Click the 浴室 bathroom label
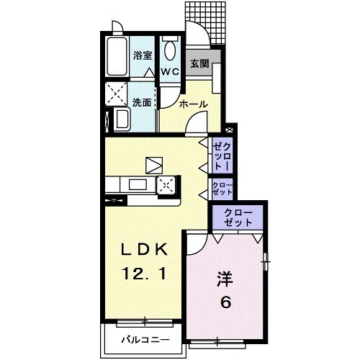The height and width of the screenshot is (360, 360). click(x=142, y=55)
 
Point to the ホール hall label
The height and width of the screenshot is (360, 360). click(x=193, y=104)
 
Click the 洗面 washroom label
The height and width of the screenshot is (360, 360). click(x=141, y=102)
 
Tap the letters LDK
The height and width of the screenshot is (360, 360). click(x=143, y=250)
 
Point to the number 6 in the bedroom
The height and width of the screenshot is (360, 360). click(x=225, y=302)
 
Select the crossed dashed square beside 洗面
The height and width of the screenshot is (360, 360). click(x=115, y=93)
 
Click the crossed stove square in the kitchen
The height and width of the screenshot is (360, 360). click(x=167, y=186)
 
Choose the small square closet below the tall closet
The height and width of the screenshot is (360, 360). click(x=220, y=189)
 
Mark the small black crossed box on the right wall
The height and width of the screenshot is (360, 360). click(x=229, y=130)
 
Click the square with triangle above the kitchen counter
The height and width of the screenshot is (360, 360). click(x=154, y=165)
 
